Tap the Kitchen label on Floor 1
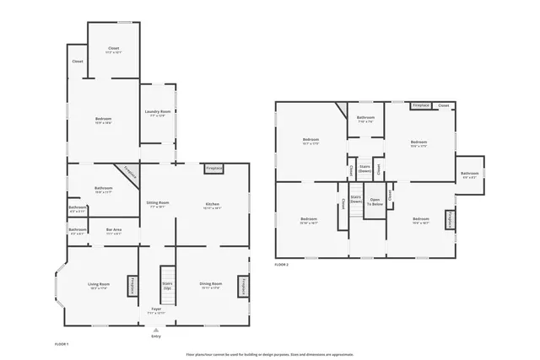(212, 205)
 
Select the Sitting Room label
(158, 204)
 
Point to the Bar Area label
(114, 231)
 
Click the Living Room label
(99, 286)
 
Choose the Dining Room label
(211, 286)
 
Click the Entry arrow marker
(156, 331)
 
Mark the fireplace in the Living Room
(132, 287)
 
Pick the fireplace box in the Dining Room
(244, 287)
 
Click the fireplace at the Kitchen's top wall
(213, 169)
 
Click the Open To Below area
(375, 202)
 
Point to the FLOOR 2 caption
(282, 265)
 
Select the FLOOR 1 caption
(62, 344)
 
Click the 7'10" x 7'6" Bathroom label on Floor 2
(365, 119)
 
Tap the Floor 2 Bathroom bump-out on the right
(469, 175)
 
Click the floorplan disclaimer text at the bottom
(269, 354)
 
